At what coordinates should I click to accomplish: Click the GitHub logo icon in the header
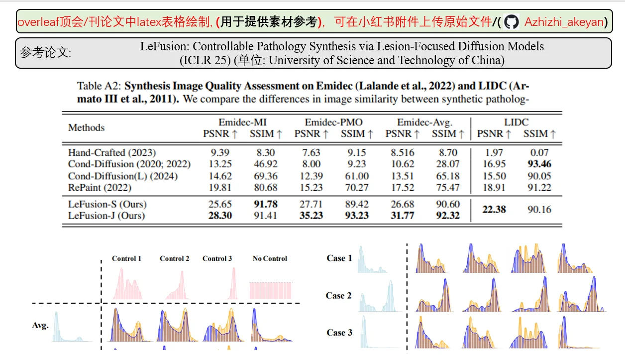(511, 22)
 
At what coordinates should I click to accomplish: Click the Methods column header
(86, 127)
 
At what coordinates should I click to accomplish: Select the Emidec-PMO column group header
(333, 122)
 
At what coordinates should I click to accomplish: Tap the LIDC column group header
(516, 122)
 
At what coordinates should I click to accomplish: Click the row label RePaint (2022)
(100, 188)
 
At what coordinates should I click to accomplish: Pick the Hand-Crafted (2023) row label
(111, 152)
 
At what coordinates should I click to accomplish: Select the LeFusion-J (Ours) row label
(106, 216)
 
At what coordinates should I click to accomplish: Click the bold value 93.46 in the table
(540, 164)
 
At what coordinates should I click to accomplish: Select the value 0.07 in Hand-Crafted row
(539, 152)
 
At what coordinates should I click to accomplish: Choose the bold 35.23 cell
(311, 216)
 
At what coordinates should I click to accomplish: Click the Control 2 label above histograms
(174, 258)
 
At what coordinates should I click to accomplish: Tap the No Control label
(270, 258)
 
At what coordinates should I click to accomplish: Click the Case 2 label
(338, 296)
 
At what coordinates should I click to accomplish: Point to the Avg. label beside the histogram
(40, 326)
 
